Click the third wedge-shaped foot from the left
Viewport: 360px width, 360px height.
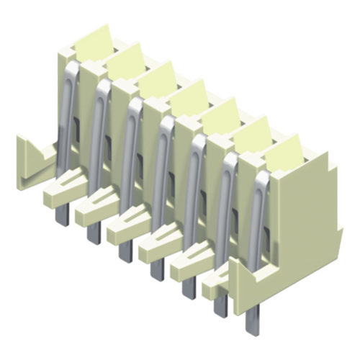pyautogui.click(x=125, y=226)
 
